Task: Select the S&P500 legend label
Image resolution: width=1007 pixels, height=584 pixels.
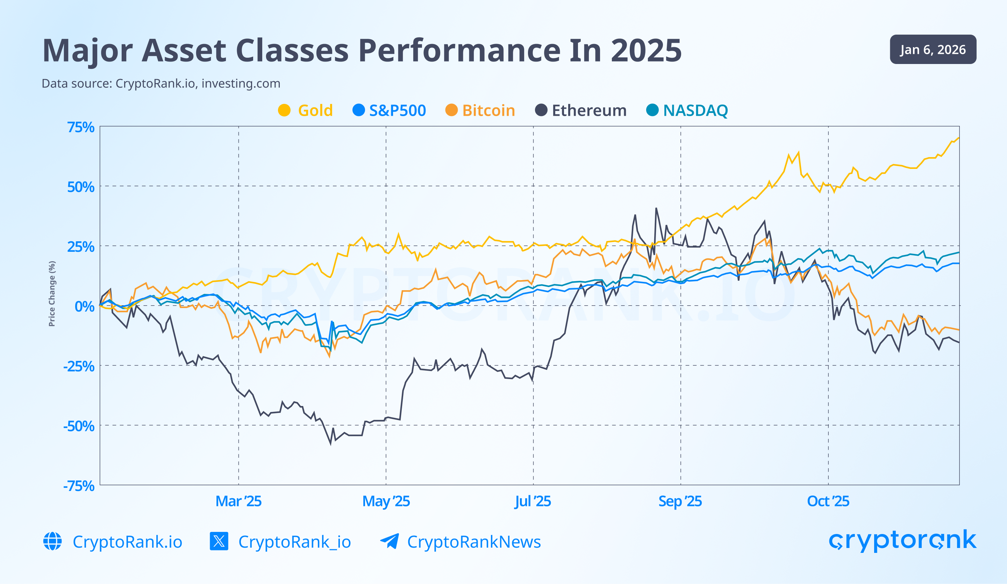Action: [397, 110]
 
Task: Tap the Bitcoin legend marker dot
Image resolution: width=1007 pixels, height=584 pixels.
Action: [451, 110]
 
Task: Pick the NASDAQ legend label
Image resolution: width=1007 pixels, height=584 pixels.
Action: [695, 110]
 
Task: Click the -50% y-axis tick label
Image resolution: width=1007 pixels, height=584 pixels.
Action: [79, 426]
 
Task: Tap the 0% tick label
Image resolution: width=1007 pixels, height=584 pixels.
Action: [84, 307]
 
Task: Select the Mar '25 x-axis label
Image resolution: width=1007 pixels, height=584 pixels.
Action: [238, 501]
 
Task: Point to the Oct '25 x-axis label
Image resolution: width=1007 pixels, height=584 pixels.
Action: [828, 501]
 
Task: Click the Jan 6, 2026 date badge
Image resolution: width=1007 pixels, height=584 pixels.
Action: [933, 50]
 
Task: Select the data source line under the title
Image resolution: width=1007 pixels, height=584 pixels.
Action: [161, 84]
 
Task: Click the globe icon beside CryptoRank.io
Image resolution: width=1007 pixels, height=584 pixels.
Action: [52, 541]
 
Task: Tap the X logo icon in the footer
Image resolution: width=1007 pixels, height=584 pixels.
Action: [219, 541]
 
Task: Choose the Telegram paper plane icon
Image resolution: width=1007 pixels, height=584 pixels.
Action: [389, 541]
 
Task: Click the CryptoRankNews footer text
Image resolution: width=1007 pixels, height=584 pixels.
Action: [474, 542]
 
